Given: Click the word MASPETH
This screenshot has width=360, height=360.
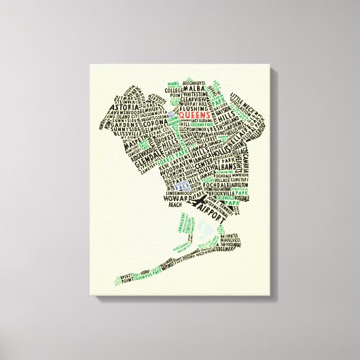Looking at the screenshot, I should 113,165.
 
